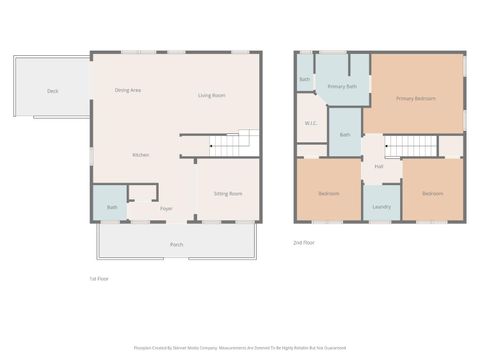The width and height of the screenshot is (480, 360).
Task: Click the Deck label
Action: pyautogui.click(x=52, y=91)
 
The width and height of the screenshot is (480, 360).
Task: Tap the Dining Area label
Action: pyautogui.click(x=127, y=90)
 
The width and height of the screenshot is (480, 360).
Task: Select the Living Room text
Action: pyautogui.click(x=211, y=95)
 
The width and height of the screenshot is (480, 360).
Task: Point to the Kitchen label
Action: pyautogui.click(x=141, y=155)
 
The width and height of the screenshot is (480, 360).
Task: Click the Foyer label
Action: pyautogui.click(x=166, y=208)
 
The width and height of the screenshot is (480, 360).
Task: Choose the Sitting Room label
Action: pyautogui.click(x=227, y=193)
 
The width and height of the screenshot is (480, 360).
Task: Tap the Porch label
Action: pyautogui.click(x=176, y=244)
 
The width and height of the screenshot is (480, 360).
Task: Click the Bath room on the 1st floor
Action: pyautogui.click(x=112, y=207)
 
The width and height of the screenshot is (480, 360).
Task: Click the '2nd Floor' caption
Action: pyautogui.click(x=304, y=243)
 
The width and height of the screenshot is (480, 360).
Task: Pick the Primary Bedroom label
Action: pyautogui.click(x=415, y=98)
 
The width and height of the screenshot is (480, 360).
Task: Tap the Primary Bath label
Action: pyautogui.click(x=343, y=87)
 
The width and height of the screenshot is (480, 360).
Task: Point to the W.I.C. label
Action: pyautogui.click(x=311, y=123)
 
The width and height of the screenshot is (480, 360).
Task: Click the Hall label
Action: pyautogui.click(x=379, y=166)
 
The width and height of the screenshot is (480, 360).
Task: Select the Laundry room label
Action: pyautogui.click(x=380, y=207)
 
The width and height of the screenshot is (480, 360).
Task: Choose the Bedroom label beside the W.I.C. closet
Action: pyautogui.click(x=328, y=193)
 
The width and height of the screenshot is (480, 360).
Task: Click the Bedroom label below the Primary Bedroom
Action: pyautogui.click(x=432, y=193)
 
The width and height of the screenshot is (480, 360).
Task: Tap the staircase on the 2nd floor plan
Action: pyautogui.click(x=411, y=146)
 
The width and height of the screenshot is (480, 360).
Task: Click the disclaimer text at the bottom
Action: pyautogui.click(x=239, y=348)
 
